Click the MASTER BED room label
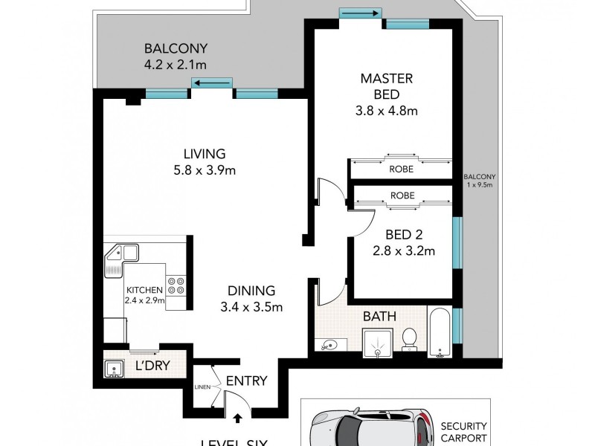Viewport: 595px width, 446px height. click(x=386, y=78)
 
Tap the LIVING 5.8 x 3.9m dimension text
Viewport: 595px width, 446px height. click(x=204, y=169)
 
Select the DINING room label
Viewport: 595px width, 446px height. click(x=252, y=291)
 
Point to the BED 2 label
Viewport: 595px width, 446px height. click(x=404, y=236)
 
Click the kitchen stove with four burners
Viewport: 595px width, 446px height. click(x=177, y=287)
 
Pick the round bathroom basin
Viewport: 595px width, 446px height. click(x=330, y=346)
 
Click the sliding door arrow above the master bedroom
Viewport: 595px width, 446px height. click(x=361, y=13)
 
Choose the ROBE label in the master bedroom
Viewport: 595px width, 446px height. click(x=402, y=169)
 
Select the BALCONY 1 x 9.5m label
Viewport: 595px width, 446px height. click(x=480, y=181)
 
